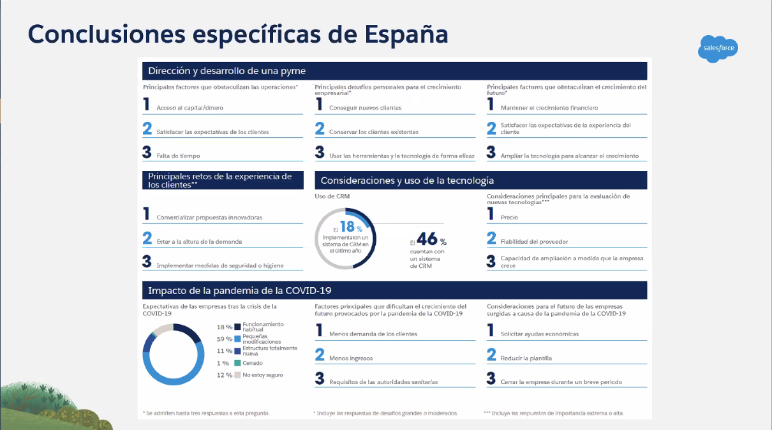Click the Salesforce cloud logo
point(719,48)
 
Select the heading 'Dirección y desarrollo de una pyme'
point(226,70)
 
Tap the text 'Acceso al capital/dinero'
point(190,108)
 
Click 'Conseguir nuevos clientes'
point(365,108)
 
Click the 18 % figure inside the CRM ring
point(350,227)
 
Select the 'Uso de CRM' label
point(332,196)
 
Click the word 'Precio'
point(509,218)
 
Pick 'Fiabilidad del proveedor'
point(534,242)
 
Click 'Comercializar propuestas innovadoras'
point(209,218)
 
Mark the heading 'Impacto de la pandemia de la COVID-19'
point(240,290)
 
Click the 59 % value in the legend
point(224,339)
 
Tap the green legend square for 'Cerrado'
point(237,363)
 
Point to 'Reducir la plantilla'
point(526,358)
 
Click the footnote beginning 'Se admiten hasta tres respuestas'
point(207,413)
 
